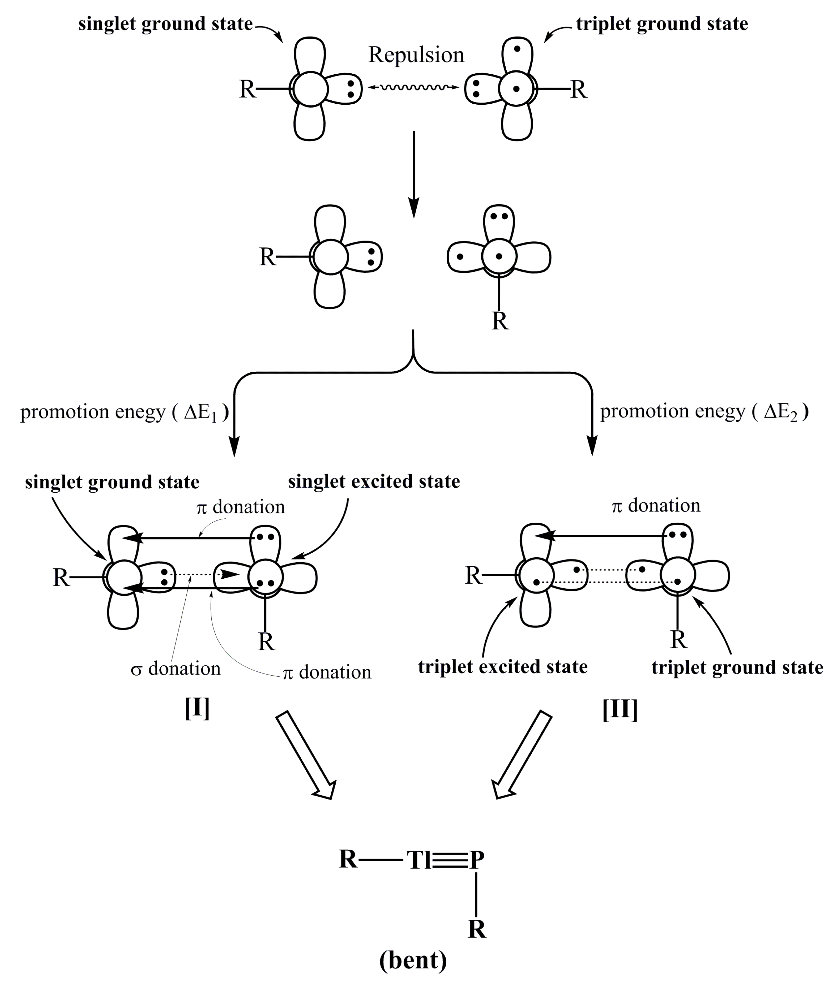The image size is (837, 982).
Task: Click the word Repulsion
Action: tap(416, 55)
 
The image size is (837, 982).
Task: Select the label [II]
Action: tap(620, 710)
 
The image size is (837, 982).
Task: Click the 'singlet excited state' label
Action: tap(374, 481)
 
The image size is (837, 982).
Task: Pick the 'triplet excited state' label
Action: tap(503, 667)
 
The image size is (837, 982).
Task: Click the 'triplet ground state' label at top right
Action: tap(662, 24)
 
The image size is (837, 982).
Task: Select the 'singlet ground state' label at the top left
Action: tap(165, 24)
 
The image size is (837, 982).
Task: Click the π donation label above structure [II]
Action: tap(656, 506)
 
